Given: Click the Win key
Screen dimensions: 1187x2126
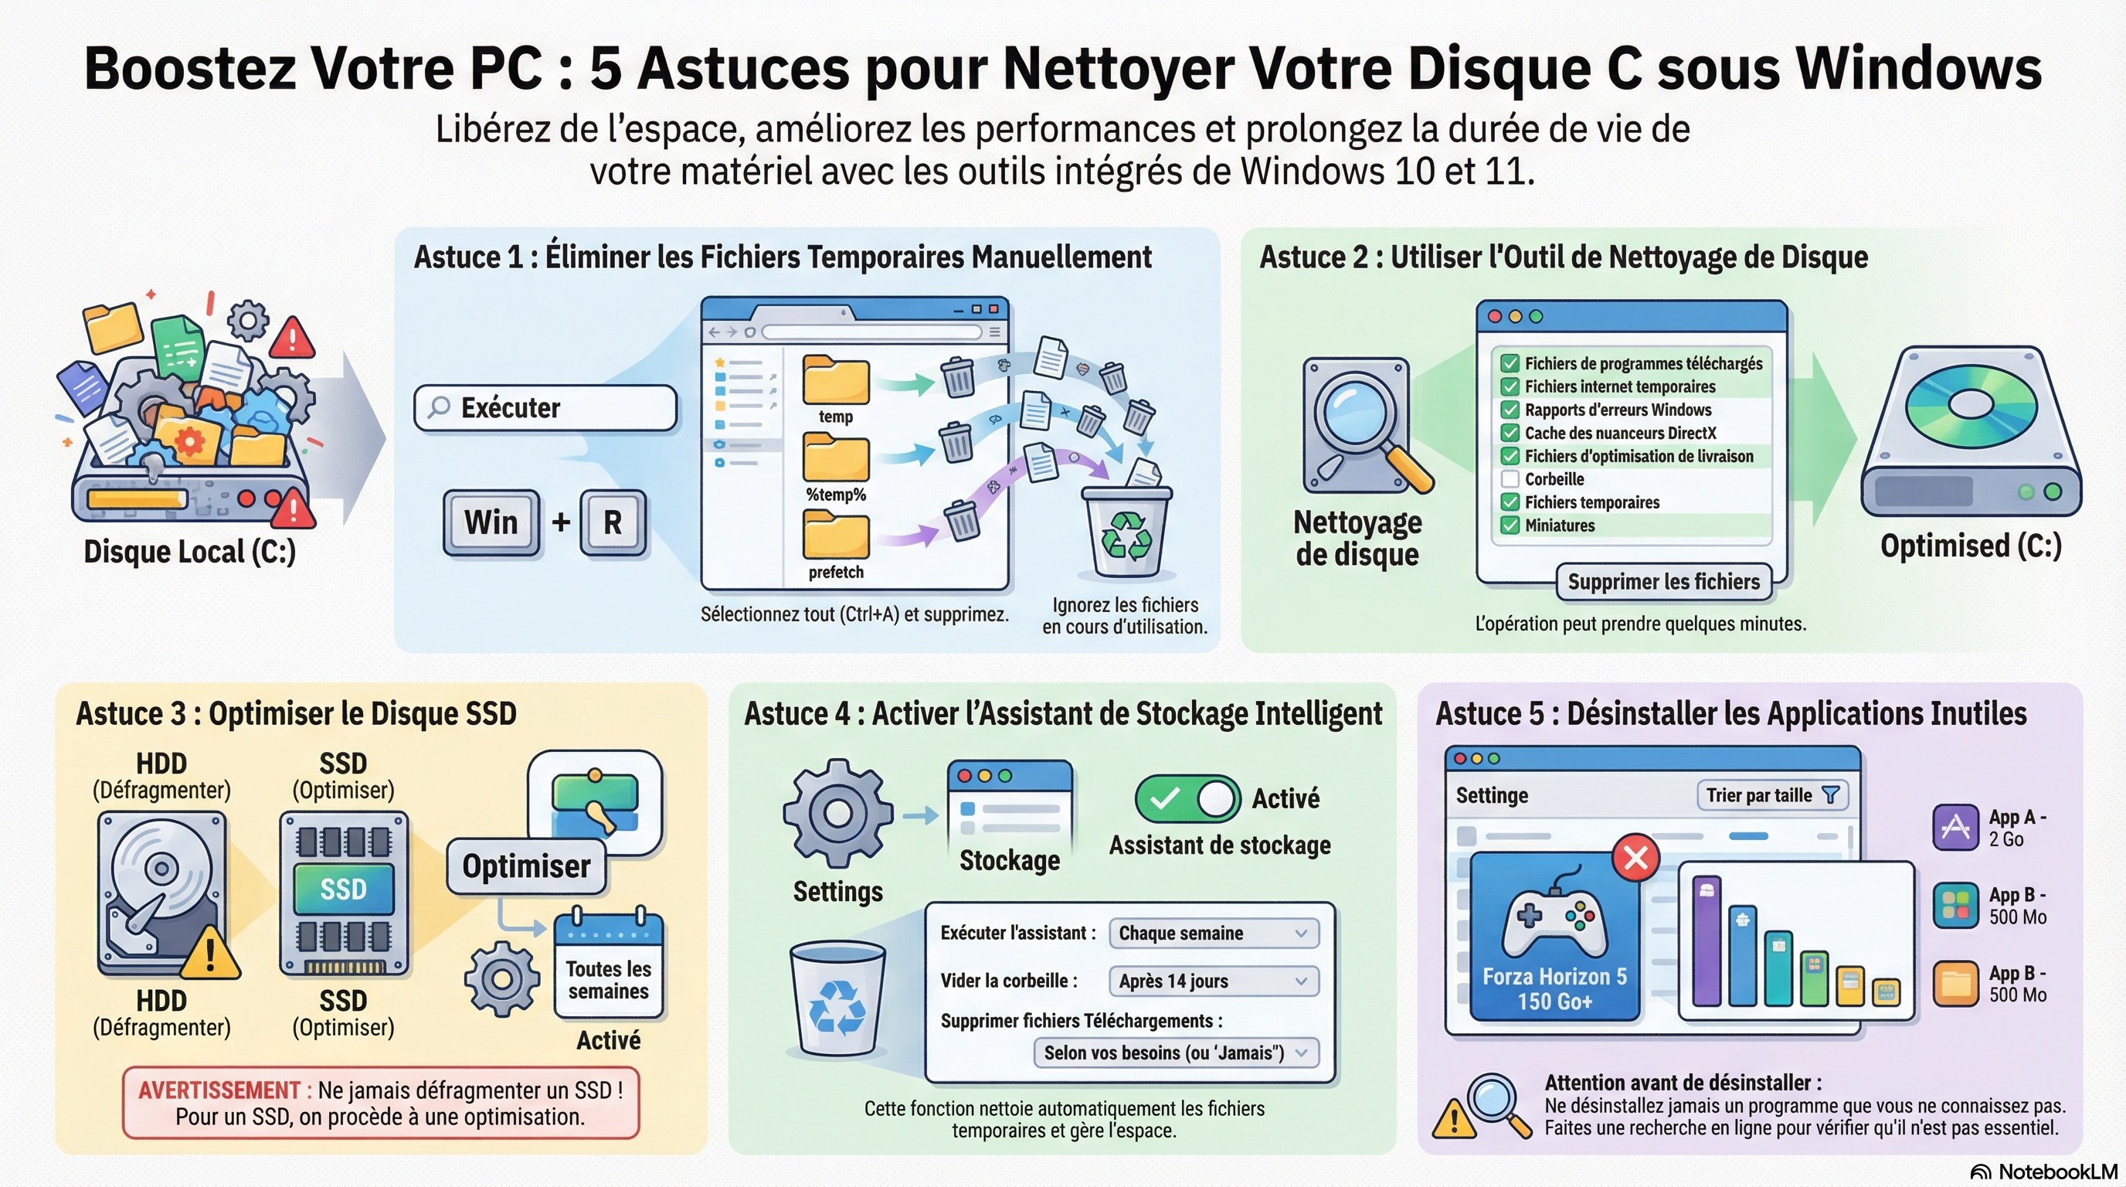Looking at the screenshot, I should (491, 522).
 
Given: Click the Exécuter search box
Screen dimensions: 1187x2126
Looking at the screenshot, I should (545, 408).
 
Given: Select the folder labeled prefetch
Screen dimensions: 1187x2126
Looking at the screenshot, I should (835, 535).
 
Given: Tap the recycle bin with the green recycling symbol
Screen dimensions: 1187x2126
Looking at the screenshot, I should (1126, 532).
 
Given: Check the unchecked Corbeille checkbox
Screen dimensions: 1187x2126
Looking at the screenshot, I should (1510, 479).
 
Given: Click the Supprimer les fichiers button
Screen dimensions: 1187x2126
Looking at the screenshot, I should (1663, 582).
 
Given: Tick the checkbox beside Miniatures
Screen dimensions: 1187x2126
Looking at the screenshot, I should (1510, 525).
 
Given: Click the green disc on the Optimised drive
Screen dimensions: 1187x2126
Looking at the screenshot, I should (1971, 404).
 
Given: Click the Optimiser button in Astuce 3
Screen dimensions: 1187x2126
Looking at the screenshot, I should (527, 866).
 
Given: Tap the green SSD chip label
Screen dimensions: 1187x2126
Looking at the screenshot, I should (343, 889).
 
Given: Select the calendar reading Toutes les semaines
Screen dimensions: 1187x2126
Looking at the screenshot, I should (608, 966).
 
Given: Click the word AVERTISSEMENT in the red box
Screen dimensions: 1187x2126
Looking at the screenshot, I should (218, 1090).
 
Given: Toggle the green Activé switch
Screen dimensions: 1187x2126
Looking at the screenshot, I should (1187, 798).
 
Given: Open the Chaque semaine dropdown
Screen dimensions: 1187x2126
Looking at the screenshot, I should (1212, 933).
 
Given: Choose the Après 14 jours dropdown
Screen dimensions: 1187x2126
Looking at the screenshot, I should (1212, 981).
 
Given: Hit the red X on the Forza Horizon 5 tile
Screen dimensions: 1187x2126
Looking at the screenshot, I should (1635, 858).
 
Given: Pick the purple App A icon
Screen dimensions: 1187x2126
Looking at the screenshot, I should (1955, 826).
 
